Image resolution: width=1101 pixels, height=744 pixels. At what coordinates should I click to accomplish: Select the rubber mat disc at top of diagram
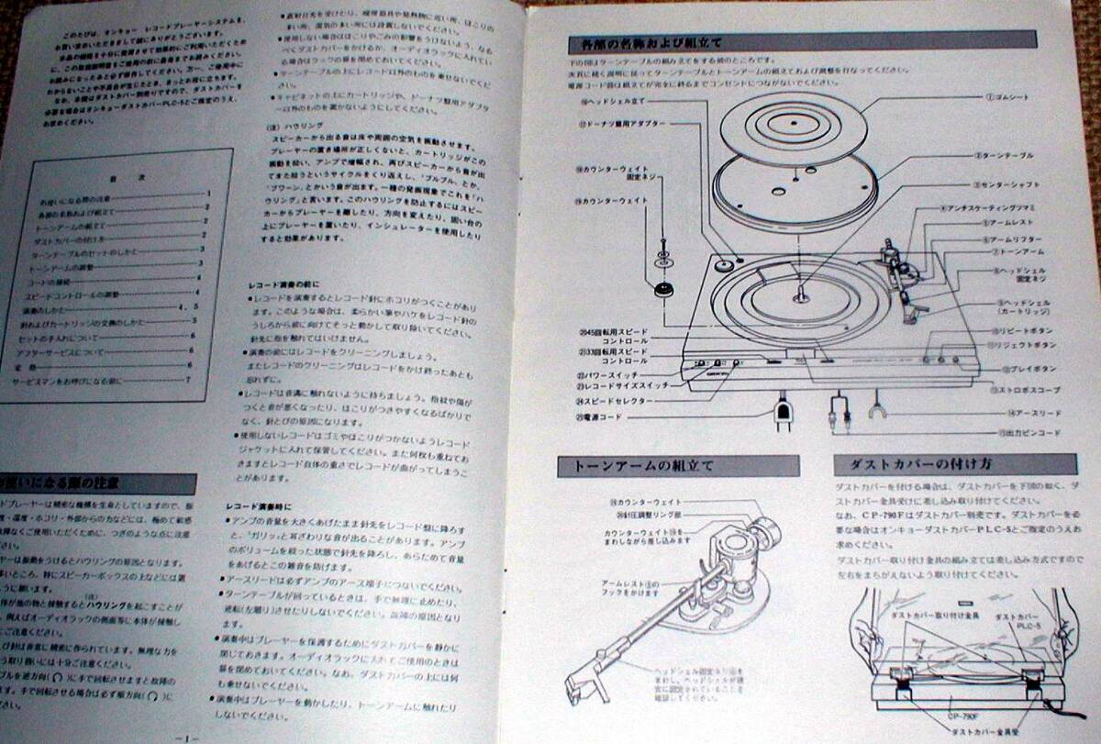[788, 124]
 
